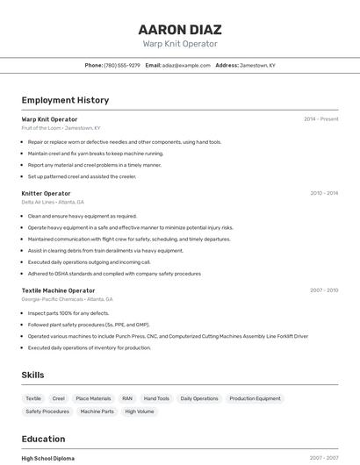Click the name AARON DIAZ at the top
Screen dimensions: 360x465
(180, 29)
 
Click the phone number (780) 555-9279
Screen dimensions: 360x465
(122, 65)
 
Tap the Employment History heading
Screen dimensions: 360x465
(65, 100)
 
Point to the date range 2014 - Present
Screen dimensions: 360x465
(320, 118)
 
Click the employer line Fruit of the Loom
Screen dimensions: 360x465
(61, 127)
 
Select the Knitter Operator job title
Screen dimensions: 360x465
(46, 193)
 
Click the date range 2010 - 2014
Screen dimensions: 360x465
(323, 193)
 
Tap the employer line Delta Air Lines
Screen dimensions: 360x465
(53, 202)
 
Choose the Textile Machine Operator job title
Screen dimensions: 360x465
(58, 290)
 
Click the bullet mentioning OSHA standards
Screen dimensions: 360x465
(114, 274)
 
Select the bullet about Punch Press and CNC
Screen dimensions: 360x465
(168, 336)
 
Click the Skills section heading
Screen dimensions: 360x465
(32, 375)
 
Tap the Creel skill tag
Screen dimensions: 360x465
(59, 398)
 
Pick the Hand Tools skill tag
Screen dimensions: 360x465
(156, 398)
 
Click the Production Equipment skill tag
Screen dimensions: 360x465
(255, 398)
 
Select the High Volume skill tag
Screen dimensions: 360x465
(140, 411)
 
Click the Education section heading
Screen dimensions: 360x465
(43, 439)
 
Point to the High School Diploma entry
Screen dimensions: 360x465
(48, 458)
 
